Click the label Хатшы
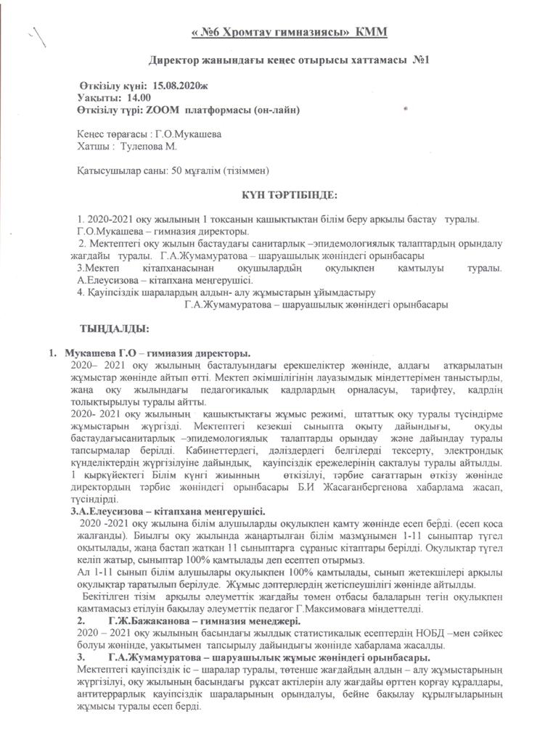coord(91,147)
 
